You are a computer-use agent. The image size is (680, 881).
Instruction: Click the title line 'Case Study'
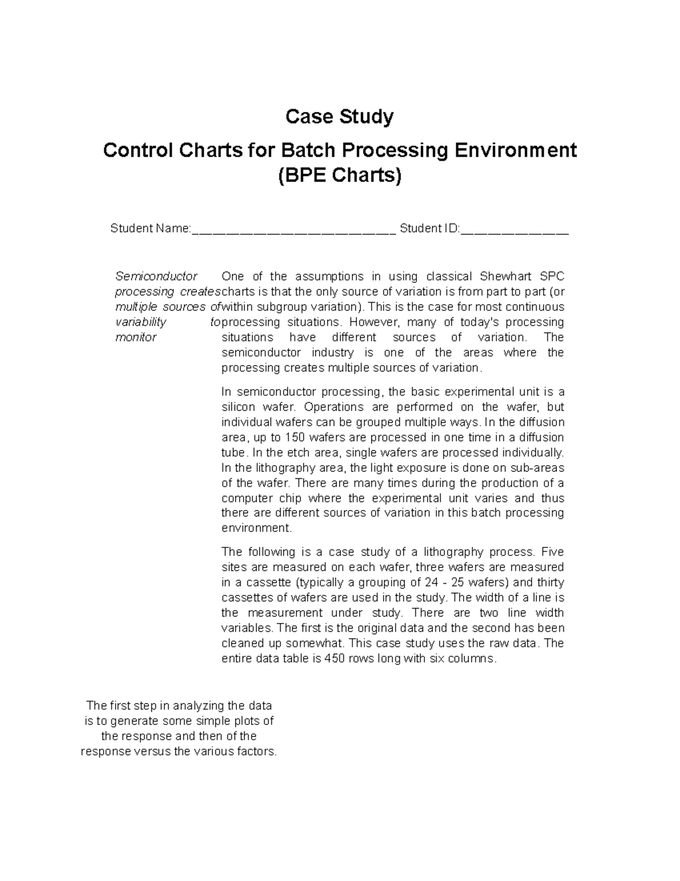coord(339,117)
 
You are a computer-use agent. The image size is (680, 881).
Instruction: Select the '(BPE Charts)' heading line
coord(339,175)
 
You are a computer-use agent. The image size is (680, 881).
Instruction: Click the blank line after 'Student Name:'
coord(294,229)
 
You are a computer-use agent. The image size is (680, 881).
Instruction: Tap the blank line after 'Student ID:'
coord(515,229)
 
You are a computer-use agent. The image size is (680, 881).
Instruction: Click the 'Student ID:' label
coord(430,229)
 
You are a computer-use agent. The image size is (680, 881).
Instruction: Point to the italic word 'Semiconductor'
coord(156,277)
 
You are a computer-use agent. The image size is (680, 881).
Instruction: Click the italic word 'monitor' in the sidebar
coord(136,338)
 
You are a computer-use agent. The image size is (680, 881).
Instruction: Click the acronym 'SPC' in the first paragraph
coord(552,277)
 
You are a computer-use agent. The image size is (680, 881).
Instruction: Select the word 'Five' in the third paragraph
coord(552,553)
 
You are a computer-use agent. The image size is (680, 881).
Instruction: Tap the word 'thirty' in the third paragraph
coord(550,583)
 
